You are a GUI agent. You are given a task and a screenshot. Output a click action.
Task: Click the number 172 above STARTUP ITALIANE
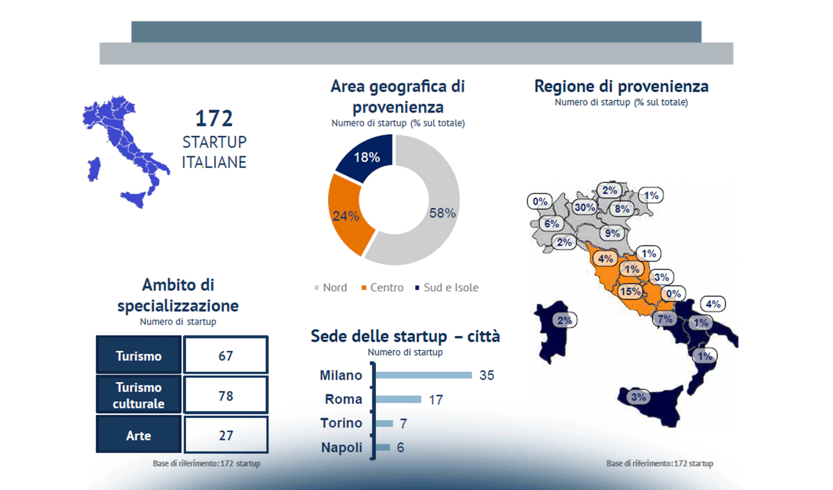(214, 119)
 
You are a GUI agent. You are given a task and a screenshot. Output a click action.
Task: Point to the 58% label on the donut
(442, 213)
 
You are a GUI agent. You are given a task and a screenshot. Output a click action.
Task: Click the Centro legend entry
(383, 287)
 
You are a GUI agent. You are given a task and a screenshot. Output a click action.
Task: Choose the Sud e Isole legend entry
(447, 287)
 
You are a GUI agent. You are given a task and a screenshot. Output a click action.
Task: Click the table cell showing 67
(225, 356)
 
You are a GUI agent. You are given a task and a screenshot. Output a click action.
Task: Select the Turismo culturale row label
(139, 395)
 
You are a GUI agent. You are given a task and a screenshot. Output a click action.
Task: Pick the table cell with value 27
(225, 435)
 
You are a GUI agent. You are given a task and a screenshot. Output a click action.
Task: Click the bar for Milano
(423, 375)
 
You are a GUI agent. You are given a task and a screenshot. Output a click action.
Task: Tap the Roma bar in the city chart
(398, 399)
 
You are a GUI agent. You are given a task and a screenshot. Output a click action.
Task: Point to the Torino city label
(341, 423)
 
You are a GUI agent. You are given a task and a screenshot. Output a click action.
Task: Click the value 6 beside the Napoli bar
(401, 448)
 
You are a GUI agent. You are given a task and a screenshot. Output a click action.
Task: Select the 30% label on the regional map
(584, 207)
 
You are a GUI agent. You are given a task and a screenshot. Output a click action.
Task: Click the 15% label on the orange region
(630, 292)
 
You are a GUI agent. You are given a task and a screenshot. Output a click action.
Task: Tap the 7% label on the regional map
(665, 318)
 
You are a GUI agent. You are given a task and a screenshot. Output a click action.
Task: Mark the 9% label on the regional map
(612, 234)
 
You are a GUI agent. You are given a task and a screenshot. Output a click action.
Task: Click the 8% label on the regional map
(622, 209)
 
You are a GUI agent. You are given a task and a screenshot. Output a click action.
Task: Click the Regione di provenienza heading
(621, 87)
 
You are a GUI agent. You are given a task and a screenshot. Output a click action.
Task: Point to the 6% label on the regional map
(551, 224)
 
